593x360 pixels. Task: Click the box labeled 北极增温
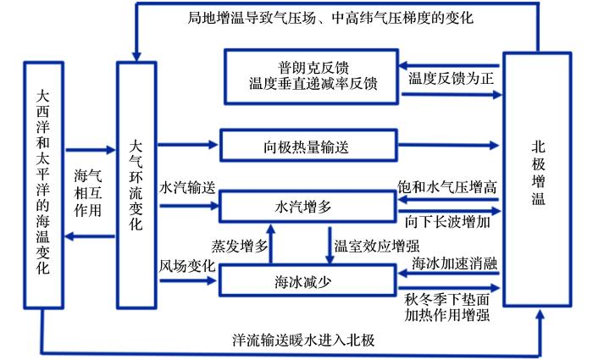[x=537, y=179]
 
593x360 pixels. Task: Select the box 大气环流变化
[x=136, y=186]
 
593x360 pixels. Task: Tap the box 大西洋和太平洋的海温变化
[x=43, y=186]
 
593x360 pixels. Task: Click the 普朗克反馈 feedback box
[x=311, y=76]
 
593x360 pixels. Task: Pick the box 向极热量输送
[x=308, y=146]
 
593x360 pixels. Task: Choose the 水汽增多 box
[x=308, y=207]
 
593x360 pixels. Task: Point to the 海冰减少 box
[x=308, y=280]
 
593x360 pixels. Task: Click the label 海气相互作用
[x=88, y=193]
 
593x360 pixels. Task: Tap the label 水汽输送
[x=187, y=187]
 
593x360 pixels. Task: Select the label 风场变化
[x=187, y=266]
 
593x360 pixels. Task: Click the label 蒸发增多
[x=240, y=246]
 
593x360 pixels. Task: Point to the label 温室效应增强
[x=377, y=246]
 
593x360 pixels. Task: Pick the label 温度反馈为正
[x=451, y=79]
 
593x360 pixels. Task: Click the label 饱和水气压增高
[x=447, y=187]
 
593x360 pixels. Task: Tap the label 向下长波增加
[x=447, y=222]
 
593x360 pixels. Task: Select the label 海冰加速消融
[x=455, y=263]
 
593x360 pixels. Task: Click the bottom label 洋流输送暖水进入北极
[x=303, y=340]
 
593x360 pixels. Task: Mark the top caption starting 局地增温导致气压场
[x=330, y=18]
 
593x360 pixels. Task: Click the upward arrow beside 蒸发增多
[x=271, y=244]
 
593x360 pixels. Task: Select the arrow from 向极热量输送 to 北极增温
[x=449, y=145]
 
